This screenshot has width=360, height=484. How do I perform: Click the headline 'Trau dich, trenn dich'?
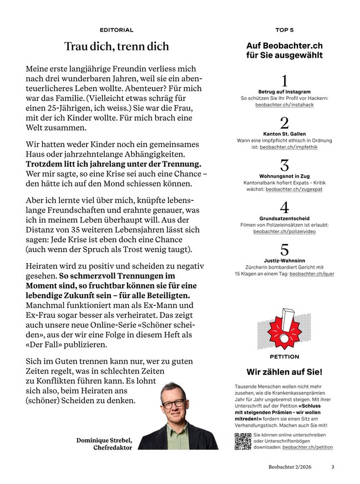click(x=116, y=47)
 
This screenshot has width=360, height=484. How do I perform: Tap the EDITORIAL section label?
click(x=116, y=30)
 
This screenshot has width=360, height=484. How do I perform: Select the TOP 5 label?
click(x=284, y=30)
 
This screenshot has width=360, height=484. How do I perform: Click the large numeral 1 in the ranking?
click(x=285, y=80)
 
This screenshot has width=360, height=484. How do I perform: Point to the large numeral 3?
click(x=285, y=165)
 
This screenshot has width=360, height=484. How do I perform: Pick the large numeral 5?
click(x=285, y=249)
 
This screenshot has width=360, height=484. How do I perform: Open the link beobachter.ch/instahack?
click(x=285, y=104)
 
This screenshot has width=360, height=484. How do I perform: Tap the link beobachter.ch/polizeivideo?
click(x=285, y=231)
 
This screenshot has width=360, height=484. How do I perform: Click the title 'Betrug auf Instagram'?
click(x=285, y=91)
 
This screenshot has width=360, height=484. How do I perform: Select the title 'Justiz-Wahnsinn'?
click(x=285, y=260)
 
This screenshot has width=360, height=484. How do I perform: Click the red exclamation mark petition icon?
click(x=284, y=327)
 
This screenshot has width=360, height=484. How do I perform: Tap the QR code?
click(x=243, y=440)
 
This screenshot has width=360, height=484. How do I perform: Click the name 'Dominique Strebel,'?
click(x=104, y=440)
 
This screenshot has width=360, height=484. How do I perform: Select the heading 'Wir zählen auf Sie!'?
click(x=284, y=372)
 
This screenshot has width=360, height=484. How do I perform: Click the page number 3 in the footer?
click(x=333, y=467)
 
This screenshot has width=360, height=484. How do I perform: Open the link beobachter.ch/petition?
click(x=307, y=446)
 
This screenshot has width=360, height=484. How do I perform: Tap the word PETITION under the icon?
click(x=284, y=357)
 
